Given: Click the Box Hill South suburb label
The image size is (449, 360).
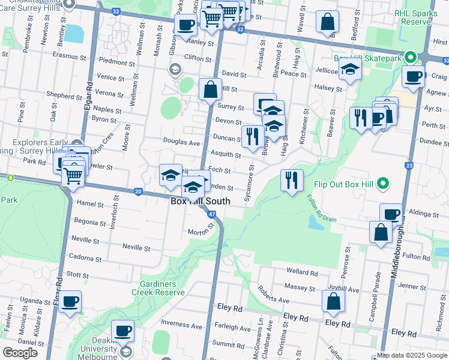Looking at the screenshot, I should click(x=200, y=202).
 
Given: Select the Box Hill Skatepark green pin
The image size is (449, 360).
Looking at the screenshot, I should click(x=411, y=58).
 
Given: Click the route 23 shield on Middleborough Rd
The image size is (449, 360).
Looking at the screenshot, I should click(x=409, y=165).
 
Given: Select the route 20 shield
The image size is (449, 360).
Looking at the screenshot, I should click(x=138, y=191).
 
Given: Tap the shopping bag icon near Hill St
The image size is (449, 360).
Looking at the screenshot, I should click(x=210, y=90).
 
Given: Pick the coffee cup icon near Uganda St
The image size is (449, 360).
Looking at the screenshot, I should click(x=70, y=302).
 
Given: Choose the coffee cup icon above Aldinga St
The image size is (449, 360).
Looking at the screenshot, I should click(x=391, y=214).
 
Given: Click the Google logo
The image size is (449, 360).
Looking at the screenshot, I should click(x=20, y=353).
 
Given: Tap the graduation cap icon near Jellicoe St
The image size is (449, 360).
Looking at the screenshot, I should click(x=350, y=71).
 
